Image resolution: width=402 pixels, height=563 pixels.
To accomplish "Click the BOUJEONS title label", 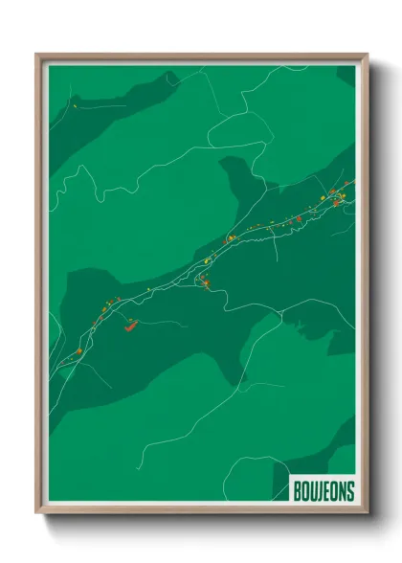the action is coord(324,491).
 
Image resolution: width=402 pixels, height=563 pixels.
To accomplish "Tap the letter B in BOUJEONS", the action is coord(298,491).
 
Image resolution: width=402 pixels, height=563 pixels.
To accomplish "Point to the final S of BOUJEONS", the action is coord(350,491).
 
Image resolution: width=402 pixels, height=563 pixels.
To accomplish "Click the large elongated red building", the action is coord(131,325).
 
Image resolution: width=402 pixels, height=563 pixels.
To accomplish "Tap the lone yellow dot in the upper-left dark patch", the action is coord(75,106).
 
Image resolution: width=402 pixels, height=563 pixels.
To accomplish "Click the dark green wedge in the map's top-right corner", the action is coord(346,75).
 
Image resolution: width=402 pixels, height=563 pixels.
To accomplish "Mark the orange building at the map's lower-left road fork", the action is coord(78,351).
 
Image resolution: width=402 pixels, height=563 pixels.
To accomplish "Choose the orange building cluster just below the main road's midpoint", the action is coord(205,281).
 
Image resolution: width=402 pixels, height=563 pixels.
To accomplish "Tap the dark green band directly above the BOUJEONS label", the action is coord(330,450).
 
